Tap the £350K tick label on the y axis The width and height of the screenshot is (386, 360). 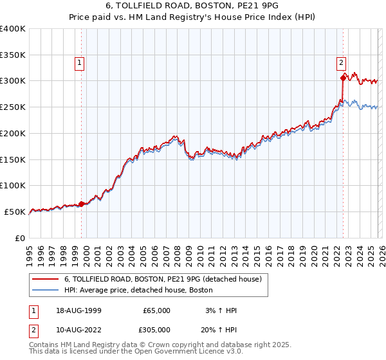(13, 55)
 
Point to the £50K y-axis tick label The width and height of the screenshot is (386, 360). (15, 212)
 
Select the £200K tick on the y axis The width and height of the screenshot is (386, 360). (13, 133)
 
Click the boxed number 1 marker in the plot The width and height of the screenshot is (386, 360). (79, 63)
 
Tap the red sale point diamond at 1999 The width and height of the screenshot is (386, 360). (82, 204)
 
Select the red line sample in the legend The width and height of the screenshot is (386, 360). (46, 280)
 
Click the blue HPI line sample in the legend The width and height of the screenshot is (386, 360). (46, 291)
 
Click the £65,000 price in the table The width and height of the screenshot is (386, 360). (156, 310)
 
